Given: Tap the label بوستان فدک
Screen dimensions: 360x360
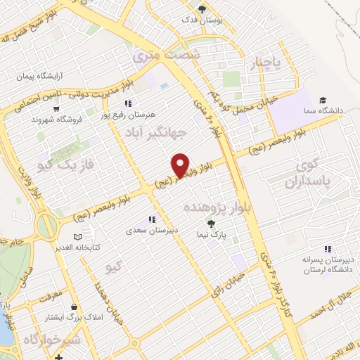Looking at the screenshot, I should pyautogui.click(x=202, y=20).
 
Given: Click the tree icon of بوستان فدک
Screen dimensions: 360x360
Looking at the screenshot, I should pyautogui.click(x=202, y=9).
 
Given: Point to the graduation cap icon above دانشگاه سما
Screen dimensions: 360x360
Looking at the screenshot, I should pyautogui.click(x=323, y=100).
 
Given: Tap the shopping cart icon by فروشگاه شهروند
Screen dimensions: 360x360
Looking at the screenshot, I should pyautogui.click(x=56, y=108).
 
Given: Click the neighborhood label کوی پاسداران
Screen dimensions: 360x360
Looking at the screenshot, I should pyautogui.click(x=309, y=174).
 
